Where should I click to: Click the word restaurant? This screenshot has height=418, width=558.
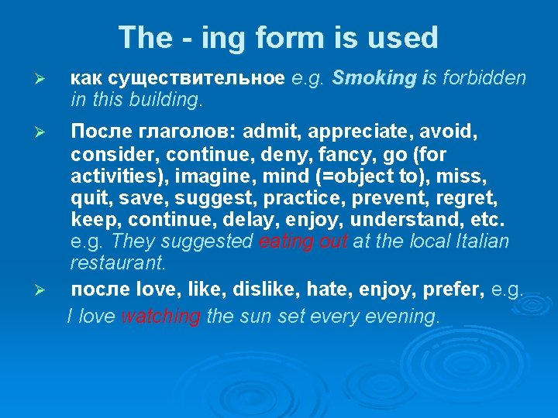pos(117,263)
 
